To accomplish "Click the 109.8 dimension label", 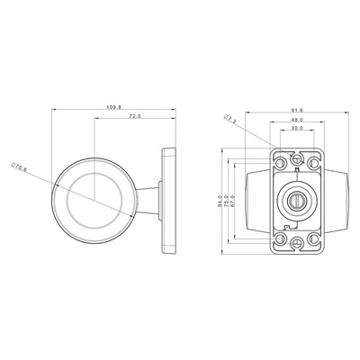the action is (113, 107).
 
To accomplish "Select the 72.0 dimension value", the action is (135, 116).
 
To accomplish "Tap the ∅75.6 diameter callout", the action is (19, 166).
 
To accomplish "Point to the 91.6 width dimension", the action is (297, 110).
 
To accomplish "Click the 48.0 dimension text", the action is (297, 120).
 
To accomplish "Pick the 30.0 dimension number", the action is (297, 128).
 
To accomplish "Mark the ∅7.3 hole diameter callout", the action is (230, 119).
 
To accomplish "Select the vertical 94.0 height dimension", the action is (220, 202).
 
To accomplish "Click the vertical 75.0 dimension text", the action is (227, 202).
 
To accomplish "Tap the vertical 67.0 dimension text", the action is (233, 202).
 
